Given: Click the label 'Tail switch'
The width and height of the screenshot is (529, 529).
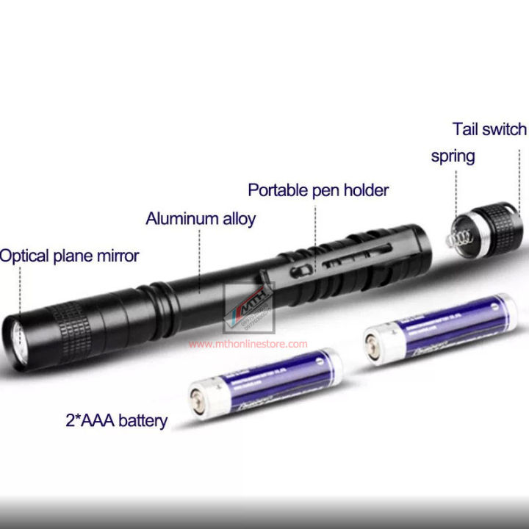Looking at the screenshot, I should click(489, 130).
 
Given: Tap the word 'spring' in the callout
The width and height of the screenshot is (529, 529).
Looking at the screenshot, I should click(453, 156).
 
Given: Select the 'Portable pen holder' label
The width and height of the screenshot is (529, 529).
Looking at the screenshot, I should click(318, 190).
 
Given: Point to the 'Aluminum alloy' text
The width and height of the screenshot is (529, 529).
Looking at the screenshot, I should click(201, 218).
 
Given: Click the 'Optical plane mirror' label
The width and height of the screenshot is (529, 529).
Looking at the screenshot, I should click(69, 256).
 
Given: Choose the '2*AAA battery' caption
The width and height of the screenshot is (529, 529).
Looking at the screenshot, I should click(115, 422).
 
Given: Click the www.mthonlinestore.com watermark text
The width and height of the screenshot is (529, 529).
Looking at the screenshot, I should click(248, 343).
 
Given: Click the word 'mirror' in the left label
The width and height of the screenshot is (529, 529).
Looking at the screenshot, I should click(116, 256).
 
